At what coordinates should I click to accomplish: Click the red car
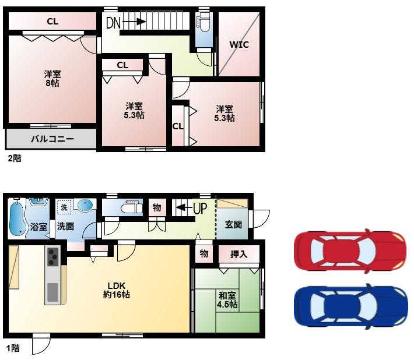(350, 251)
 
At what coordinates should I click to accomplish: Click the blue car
(350, 306)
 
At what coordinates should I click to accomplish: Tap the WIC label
(239, 45)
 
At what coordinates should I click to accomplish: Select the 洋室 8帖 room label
(52, 79)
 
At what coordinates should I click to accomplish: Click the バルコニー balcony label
(52, 139)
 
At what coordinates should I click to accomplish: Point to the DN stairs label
(113, 23)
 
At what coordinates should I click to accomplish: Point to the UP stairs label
(200, 209)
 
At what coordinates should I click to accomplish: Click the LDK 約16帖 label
(117, 290)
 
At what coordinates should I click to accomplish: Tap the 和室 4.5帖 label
(227, 300)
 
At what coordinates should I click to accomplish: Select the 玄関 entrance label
(233, 225)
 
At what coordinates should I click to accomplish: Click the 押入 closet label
(238, 254)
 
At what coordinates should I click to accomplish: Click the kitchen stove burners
(53, 257)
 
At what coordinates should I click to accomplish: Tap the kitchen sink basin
(53, 292)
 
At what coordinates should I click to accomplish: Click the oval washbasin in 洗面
(85, 206)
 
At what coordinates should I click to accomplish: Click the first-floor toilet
(131, 207)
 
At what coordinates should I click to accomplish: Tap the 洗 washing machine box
(64, 207)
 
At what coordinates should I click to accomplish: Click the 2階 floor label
(15, 158)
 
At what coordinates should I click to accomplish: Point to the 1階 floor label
(13, 348)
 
